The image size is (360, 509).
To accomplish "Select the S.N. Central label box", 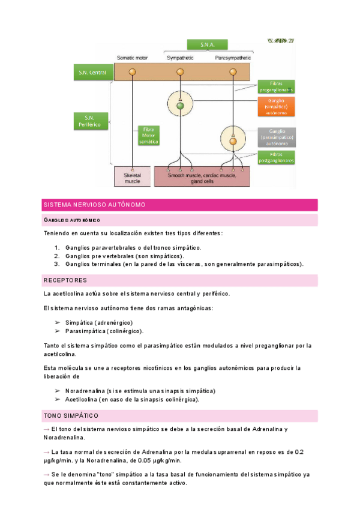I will (92, 73).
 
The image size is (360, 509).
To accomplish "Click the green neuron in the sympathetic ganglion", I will (179, 106).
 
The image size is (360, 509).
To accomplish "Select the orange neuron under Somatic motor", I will (132, 72).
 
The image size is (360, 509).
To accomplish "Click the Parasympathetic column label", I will (232, 58).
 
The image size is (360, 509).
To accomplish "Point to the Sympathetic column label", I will (179, 58).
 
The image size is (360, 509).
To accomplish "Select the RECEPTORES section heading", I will (65, 280).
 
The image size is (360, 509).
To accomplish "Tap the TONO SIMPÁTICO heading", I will (71, 415).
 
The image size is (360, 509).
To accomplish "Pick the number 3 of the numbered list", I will (56, 264).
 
